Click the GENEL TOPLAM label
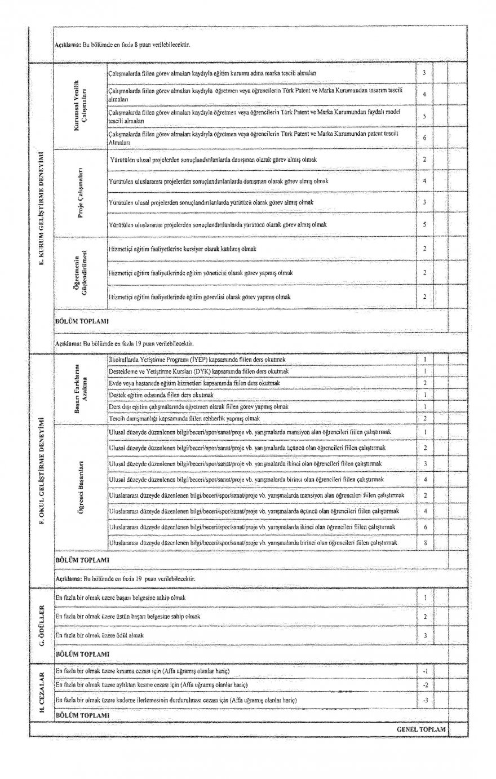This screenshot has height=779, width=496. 421,729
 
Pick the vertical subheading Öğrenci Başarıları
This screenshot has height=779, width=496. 81,487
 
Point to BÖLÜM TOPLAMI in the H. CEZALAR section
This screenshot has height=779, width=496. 82,715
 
